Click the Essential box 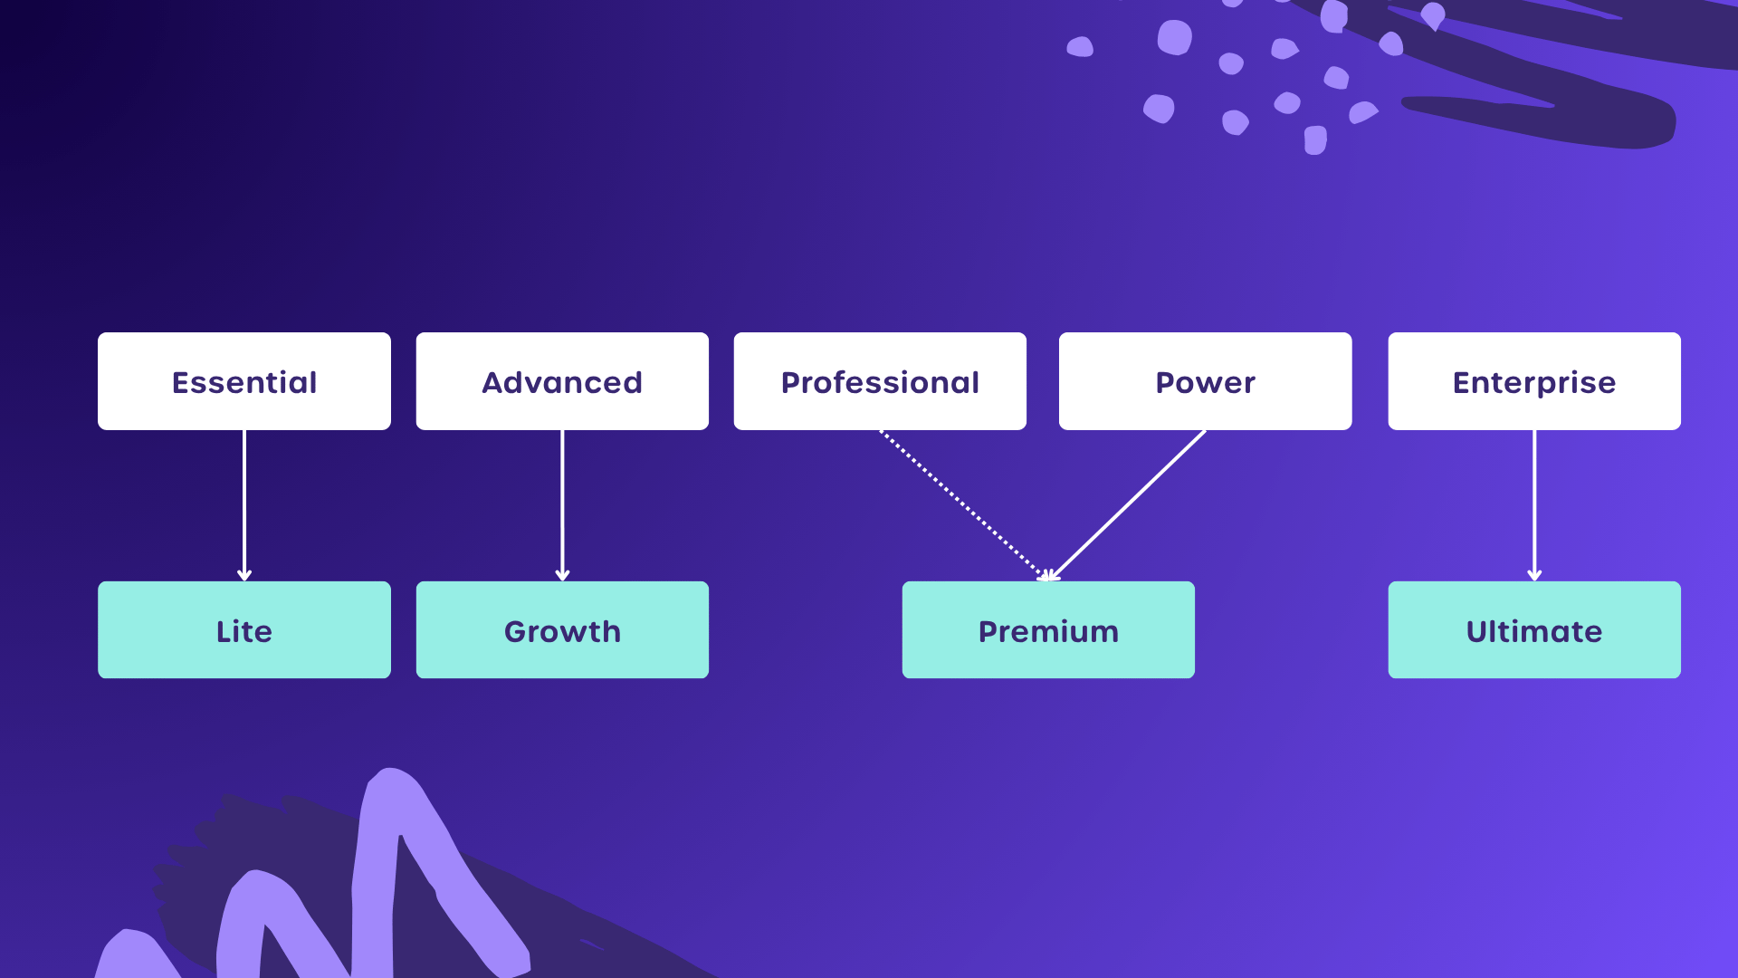[244, 381]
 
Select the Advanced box [562, 381]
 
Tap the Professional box [880, 381]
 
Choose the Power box [1205, 381]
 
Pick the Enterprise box [1534, 381]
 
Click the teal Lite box [244, 630]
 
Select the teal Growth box [562, 630]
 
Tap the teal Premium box [1048, 630]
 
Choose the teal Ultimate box [1534, 630]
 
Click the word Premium [1048, 631]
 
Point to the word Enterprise [1534, 383]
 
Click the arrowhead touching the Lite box [244, 574]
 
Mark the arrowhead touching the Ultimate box [1534, 574]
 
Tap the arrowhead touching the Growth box [562, 574]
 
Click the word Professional [880, 383]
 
